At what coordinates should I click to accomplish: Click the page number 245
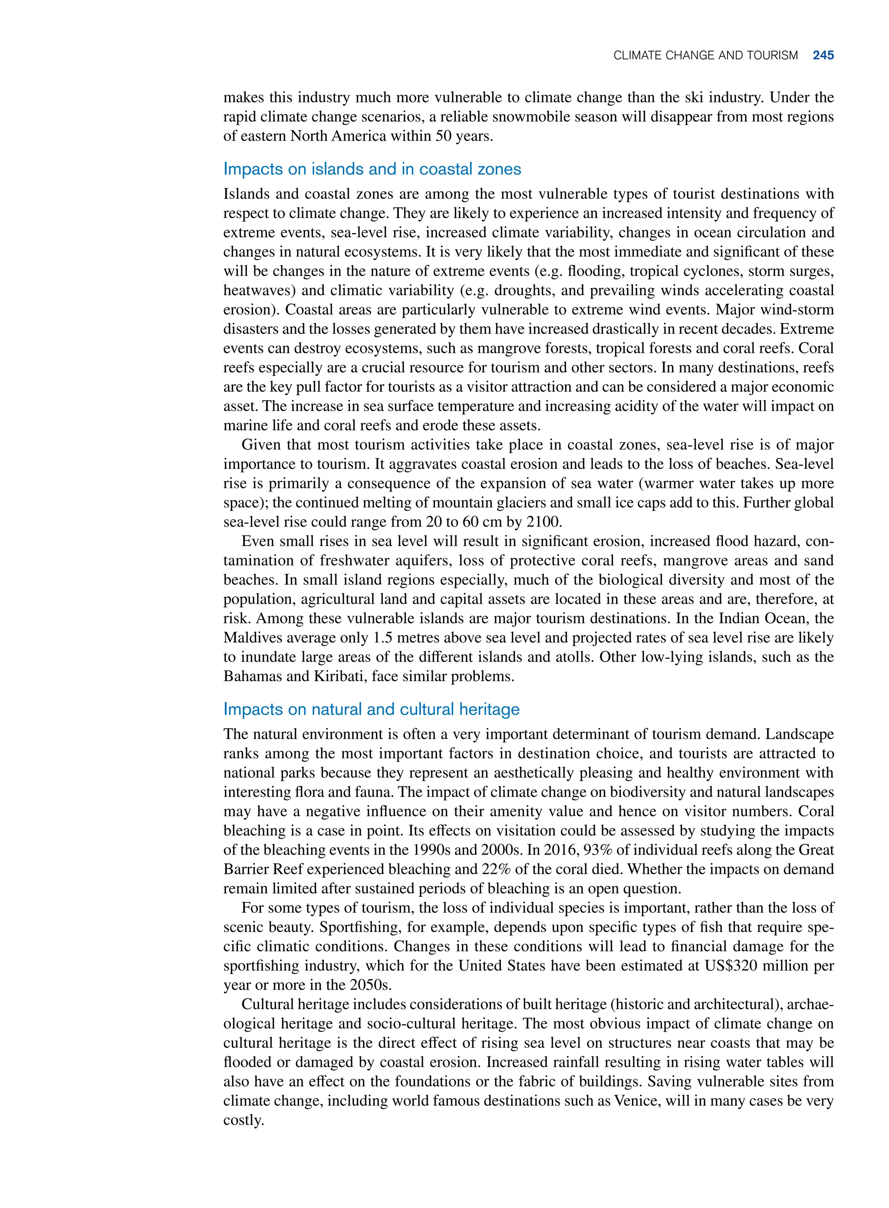823,56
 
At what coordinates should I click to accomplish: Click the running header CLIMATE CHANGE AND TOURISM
705,56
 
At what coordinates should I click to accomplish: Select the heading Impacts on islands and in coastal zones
372,169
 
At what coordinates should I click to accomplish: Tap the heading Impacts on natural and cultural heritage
371,709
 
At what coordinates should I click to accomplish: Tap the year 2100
543,522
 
